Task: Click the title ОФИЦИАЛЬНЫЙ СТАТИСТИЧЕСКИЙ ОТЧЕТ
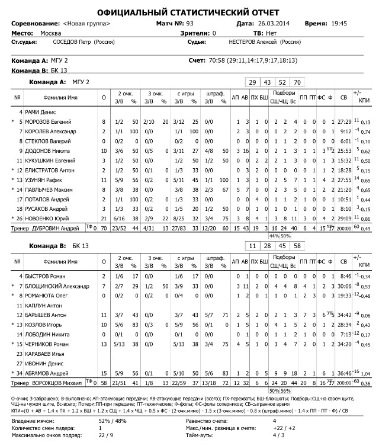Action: (x=189, y=13)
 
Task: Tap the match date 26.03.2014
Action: (x=274, y=23)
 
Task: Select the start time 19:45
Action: (x=339, y=23)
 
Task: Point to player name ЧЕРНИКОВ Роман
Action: (x=49, y=344)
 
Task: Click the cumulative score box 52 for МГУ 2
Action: (x=282, y=82)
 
